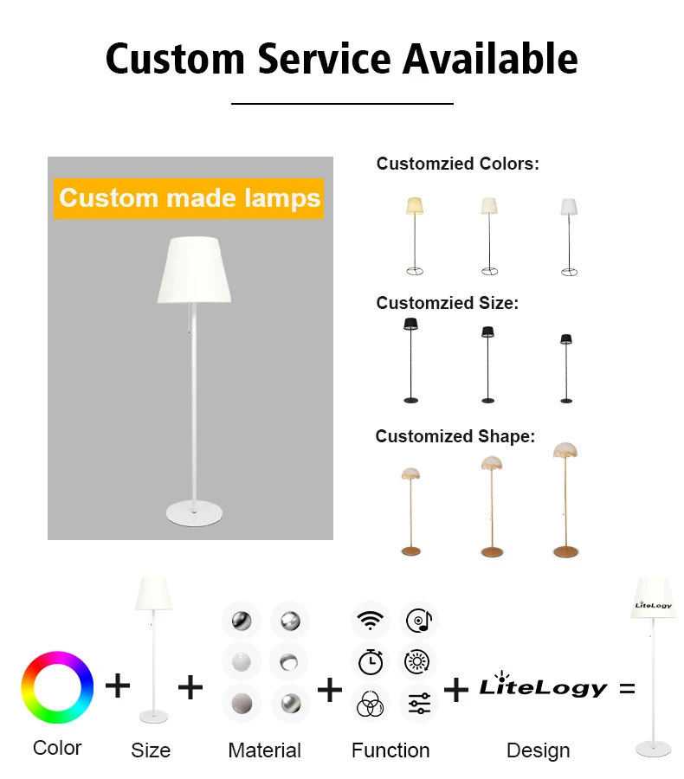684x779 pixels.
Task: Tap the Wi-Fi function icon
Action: [371, 621]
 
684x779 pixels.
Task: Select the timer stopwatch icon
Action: [371, 662]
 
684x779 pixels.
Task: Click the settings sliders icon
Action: [419, 703]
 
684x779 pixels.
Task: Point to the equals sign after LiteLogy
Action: [627, 689]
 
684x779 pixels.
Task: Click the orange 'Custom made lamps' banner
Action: [189, 198]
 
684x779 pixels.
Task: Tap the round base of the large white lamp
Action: [194, 512]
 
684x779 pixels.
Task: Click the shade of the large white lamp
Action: [194, 270]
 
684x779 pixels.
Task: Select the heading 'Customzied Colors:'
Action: [457, 164]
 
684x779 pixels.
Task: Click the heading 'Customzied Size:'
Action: [447, 303]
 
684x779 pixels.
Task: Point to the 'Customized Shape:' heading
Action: [455, 436]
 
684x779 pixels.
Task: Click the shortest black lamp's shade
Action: [566, 338]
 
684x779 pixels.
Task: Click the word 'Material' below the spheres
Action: [264, 750]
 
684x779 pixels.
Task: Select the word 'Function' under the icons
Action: [390, 750]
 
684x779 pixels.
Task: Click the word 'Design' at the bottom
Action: [538, 750]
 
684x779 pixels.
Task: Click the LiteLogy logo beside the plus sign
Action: [544, 687]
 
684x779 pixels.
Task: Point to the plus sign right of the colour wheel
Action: [118, 686]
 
